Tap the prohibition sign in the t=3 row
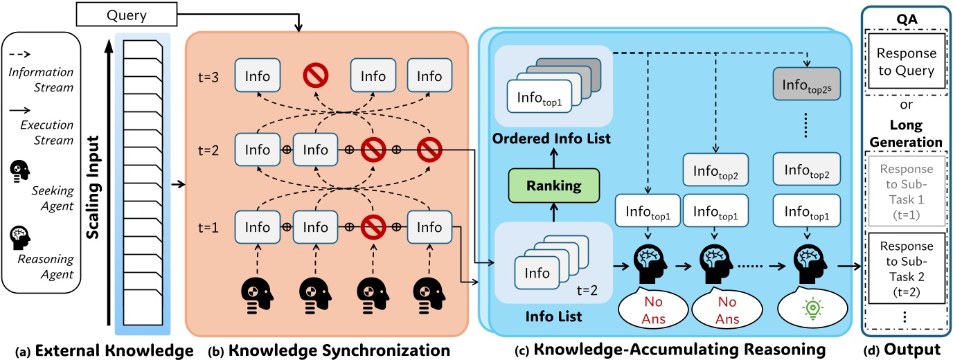(x=315, y=77)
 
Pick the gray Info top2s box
(x=808, y=87)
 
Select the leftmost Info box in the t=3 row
(x=256, y=77)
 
